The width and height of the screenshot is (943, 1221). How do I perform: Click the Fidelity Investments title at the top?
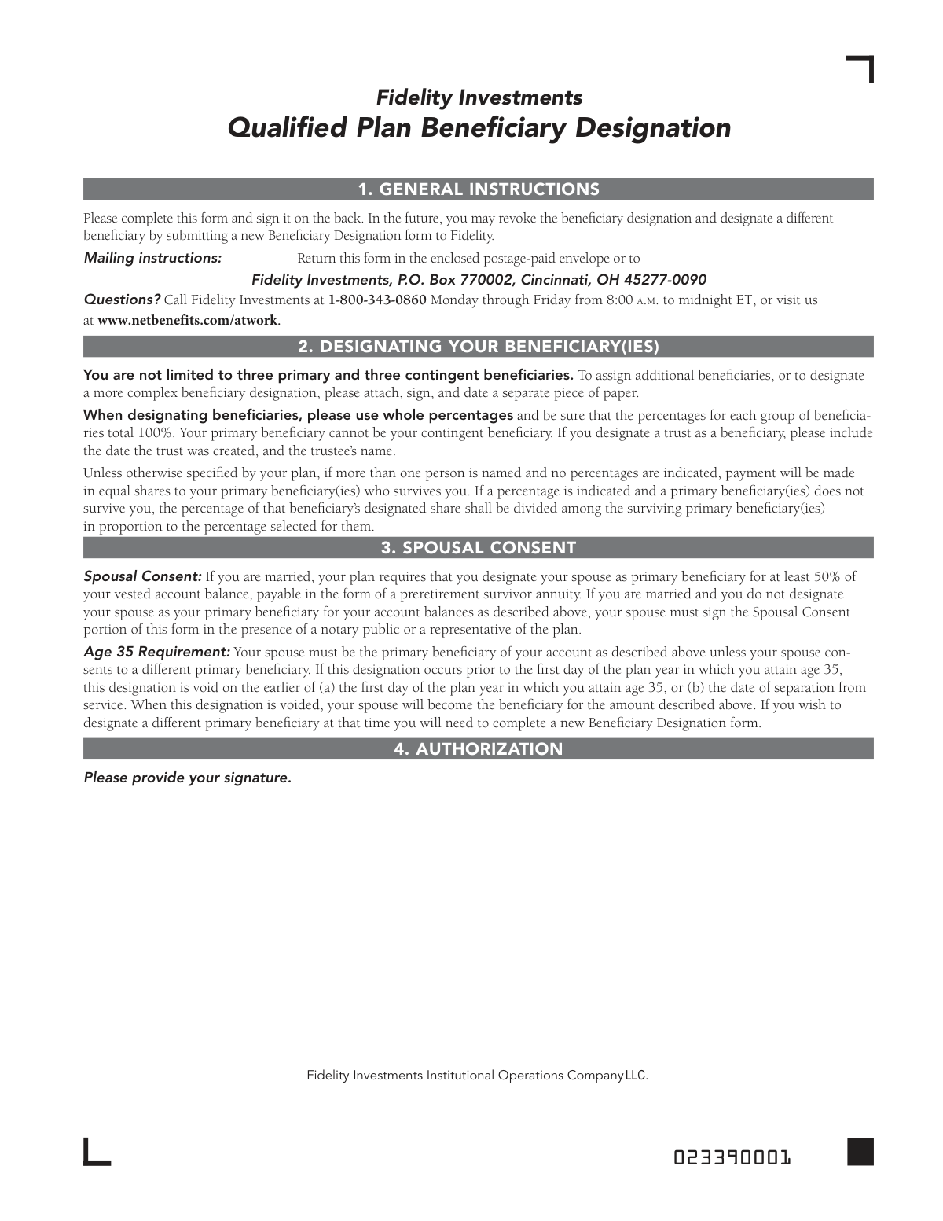[x=479, y=97]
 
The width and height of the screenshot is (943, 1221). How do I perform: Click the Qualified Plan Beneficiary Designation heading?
[x=479, y=127]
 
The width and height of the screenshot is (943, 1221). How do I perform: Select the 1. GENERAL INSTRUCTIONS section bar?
[x=479, y=189]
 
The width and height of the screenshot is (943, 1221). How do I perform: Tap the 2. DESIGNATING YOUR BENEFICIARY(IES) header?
[x=479, y=347]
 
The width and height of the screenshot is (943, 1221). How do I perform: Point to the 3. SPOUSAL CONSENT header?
[x=479, y=547]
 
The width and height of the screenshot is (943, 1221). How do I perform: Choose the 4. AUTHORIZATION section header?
[x=479, y=749]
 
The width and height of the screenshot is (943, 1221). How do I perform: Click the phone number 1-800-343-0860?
[x=377, y=300]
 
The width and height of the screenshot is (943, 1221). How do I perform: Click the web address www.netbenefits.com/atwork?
[x=188, y=320]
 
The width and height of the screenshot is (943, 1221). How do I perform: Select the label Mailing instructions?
[x=152, y=258]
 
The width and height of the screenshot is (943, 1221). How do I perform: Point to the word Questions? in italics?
[x=122, y=300]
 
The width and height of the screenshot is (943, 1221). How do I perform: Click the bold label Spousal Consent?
[x=142, y=576]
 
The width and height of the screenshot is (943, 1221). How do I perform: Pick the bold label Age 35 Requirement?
[x=156, y=652]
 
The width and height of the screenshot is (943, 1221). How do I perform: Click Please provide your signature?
[x=187, y=778]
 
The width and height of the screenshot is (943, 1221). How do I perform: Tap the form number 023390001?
[x=732, y=1157]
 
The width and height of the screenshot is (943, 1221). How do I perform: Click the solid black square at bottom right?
[x=860, y=1151]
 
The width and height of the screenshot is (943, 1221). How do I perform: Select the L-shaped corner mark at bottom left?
[x=96, y=1152]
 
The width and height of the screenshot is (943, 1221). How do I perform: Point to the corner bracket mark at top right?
[x=861, y=69]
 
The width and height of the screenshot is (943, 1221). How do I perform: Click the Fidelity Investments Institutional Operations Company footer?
[x=477, y=1075]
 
